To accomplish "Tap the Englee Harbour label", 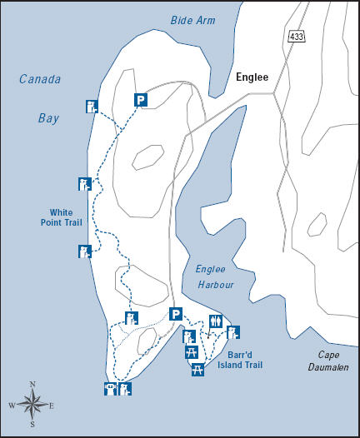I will point(214,276).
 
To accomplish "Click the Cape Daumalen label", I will point(326,361).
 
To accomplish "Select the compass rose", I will point(32,406).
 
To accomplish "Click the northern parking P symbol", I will point(141,100).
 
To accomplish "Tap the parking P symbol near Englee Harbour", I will point(175,314).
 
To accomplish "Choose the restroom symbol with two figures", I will point(217,320).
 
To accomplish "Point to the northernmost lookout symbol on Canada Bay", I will point(92,106).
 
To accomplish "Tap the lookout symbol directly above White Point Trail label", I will point(83,183).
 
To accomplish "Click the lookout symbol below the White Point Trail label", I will point(83,251).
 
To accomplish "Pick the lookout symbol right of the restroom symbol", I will point(233,332).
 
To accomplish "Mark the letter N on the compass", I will point(32,385).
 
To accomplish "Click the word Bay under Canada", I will point(48,118).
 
